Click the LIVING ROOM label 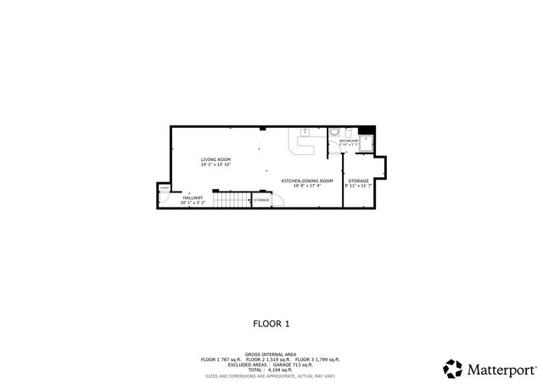[x=216, y=159]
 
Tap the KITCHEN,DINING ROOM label [x=307, y=181]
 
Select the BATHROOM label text [x=349, y=142]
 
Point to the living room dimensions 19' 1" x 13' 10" [x=216, y=164]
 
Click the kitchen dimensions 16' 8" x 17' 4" [x=307, y=186]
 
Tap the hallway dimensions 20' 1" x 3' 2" [x=193, y=203]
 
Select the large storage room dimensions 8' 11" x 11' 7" [x=359, y=186]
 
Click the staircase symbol [x=232, y=200]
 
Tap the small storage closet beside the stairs [x=261, y=200]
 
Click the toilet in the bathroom [x=334, y=133]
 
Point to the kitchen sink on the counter [x=305, y=132]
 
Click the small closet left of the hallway [x=163, y=194]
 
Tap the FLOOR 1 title [x=271, y=323]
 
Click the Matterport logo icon [x=452, y=369]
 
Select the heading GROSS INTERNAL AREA [x=271, y=354]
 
